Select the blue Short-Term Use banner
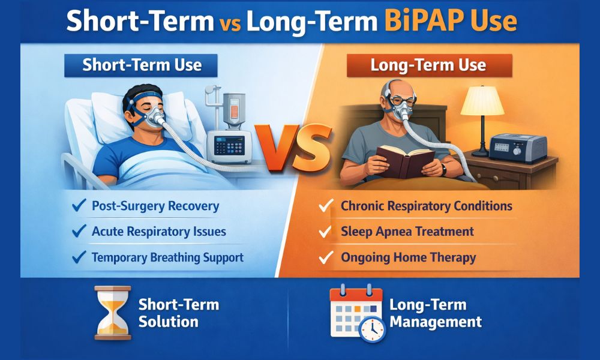coord(141,64)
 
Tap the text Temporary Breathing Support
coord(167,257)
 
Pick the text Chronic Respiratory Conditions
coord(426,206)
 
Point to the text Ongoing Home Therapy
coord(408,257)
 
